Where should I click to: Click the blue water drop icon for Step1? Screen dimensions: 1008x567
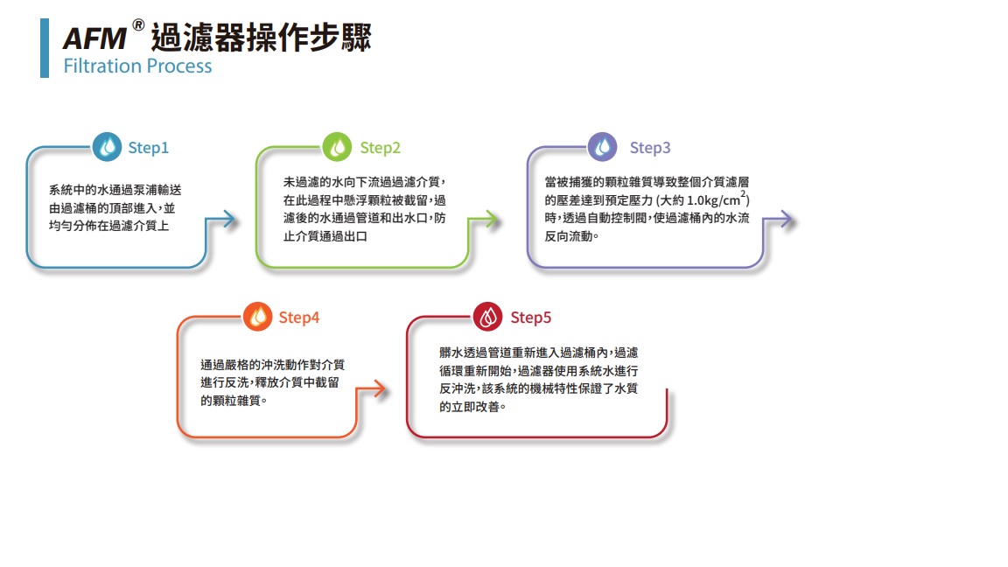tap(107, 147)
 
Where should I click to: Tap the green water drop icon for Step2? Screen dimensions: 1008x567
tap(337, 147)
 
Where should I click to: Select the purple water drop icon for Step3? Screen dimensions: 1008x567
tap(602, 147)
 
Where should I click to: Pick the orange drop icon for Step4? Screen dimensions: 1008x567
tap(258, 317)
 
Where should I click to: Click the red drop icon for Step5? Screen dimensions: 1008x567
tap(488, 317)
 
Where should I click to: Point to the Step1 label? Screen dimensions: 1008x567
tap(149, 148)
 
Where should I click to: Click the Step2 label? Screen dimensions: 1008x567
tap(380, 148)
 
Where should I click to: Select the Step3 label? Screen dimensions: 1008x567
tap(650, 148)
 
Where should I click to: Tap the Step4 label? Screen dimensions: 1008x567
tap(299, 318)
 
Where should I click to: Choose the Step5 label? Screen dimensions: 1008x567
tap(531, 318)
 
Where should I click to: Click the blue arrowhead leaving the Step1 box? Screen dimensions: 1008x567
tap(230, 220)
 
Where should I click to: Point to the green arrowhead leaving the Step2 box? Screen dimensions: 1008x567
tap(492, 220)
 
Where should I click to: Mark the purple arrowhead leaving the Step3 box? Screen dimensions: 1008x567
tap(787, 220)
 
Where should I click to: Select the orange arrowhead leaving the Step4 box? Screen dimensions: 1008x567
tap(379, 388)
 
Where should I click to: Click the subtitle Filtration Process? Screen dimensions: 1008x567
tap(137, 66)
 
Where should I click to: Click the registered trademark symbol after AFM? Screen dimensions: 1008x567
tap(138, 25)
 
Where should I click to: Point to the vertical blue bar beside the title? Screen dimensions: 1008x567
tap(45, 48)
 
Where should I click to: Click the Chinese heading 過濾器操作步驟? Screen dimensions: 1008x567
tap(261, 38)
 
